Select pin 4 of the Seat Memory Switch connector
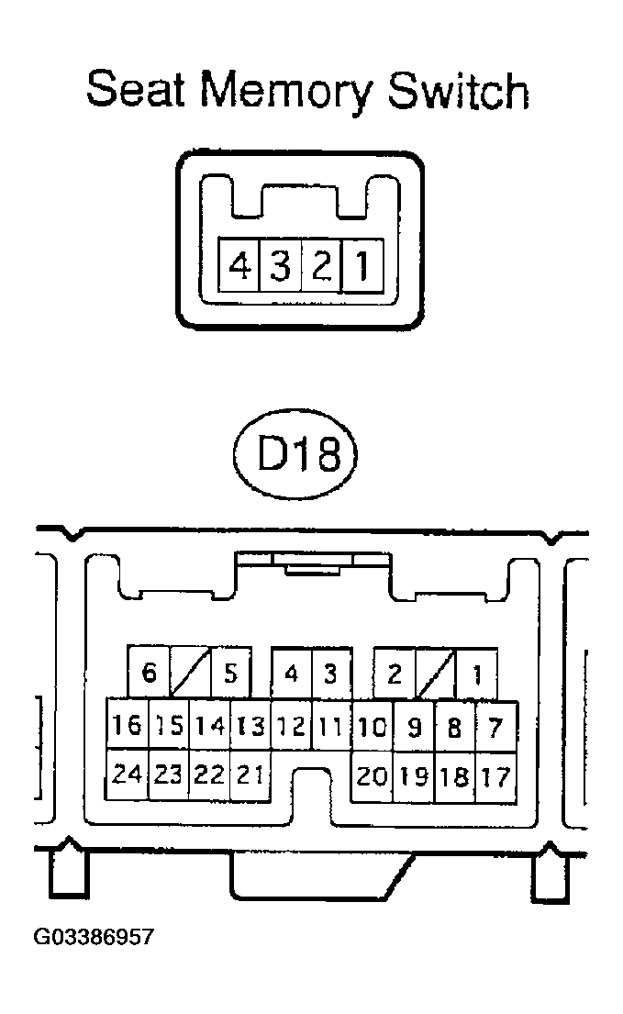pos(239,267)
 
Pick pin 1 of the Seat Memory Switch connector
pos(363,267)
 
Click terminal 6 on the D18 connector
pos(150,674)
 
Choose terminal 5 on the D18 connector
pos(230,674)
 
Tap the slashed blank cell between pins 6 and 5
pos(190,674)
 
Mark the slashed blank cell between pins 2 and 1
pos(436,674)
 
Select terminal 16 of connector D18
pos(128,727)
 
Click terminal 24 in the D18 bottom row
pos(128,775)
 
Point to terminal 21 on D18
pos(250,775)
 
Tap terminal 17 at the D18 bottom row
pos(495,776)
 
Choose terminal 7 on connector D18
pos(495,727)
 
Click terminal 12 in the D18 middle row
pos(291,727)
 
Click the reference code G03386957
pos(94,938)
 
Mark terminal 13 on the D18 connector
pos(250,727)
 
